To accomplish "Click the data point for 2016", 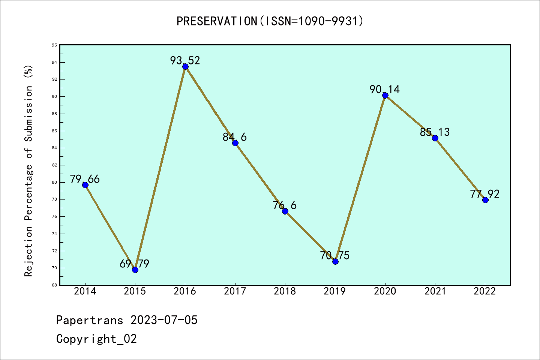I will [185, 67].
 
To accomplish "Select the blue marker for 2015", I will [135, 270].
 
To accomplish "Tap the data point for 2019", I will [335, 261].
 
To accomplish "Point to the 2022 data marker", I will [485, 200].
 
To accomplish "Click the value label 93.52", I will [185, 60].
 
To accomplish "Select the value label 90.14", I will [385, 89].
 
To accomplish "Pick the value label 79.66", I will [85, 179].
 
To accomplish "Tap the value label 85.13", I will [435, 132].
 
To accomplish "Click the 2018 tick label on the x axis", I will [285, 291].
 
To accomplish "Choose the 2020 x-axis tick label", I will [385, 291].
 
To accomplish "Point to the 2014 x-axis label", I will [85, 291].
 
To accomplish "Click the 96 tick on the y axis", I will [54, 45].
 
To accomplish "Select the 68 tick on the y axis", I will [54, 285].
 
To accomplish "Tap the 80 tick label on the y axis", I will [54, 183].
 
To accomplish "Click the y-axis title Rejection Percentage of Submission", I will [28, 171].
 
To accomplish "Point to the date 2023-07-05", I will [164, 320].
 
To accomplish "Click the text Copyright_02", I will [97, 339].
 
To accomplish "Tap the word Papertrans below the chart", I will [90, 320].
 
